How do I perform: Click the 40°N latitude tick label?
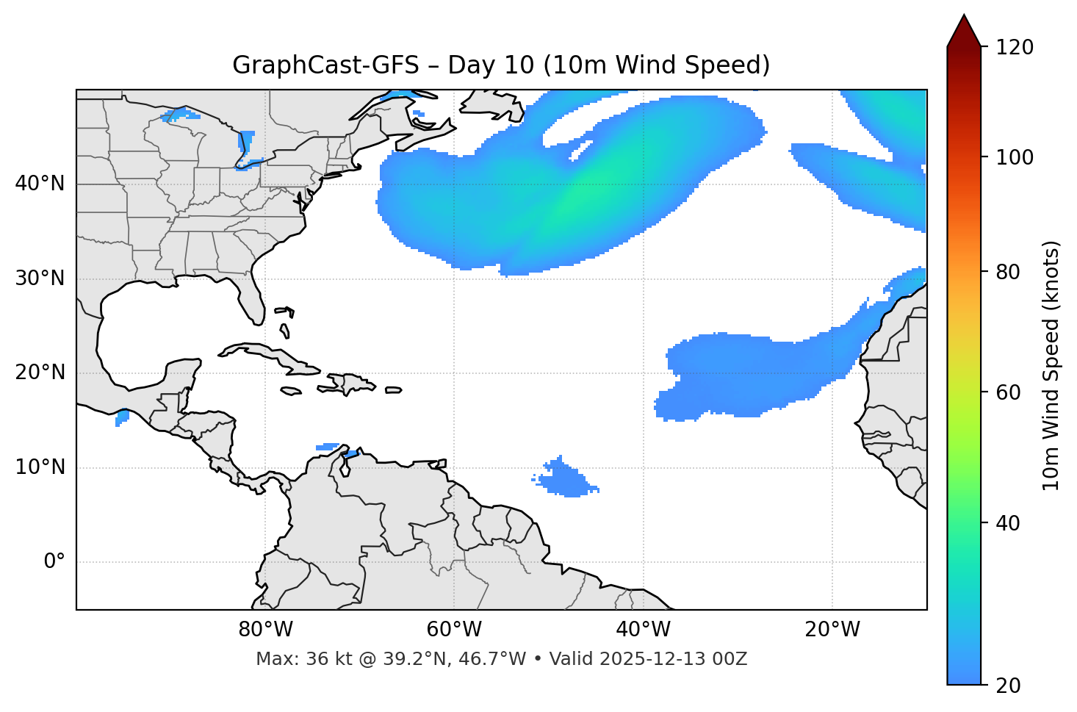point(40,184)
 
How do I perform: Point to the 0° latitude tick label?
point(54,562)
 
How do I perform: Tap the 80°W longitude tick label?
point(265,630)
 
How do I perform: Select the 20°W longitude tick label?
point(832,630)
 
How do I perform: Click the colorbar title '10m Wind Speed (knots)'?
point(1051,366)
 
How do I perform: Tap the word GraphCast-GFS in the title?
point(325,65)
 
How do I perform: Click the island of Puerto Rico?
point(394,390)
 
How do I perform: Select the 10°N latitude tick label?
point(40,467)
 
